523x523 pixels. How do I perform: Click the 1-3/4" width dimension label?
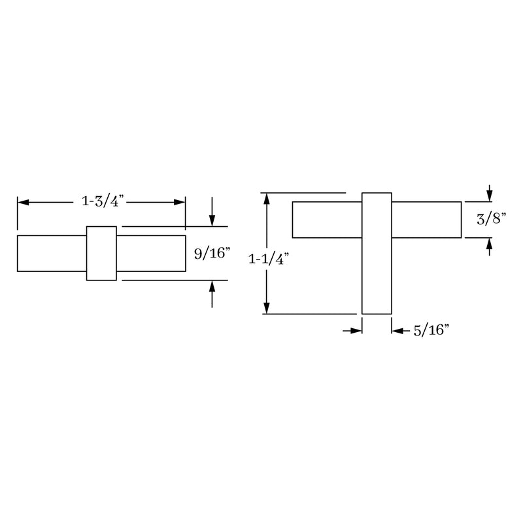[x=101, y=202]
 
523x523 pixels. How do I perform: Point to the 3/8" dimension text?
[x=491, y=220]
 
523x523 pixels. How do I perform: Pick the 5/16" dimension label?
[x=430, y=331]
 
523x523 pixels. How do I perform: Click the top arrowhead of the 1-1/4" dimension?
[x=266, y=199]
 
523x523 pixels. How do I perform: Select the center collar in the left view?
[x=101, y=254]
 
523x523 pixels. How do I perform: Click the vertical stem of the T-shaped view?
[x=377, y=275]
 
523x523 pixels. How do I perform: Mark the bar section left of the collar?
[x=52, y=253]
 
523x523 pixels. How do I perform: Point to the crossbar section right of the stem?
[x=426, y=220]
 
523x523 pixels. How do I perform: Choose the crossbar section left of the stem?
[x=327, y=220]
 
